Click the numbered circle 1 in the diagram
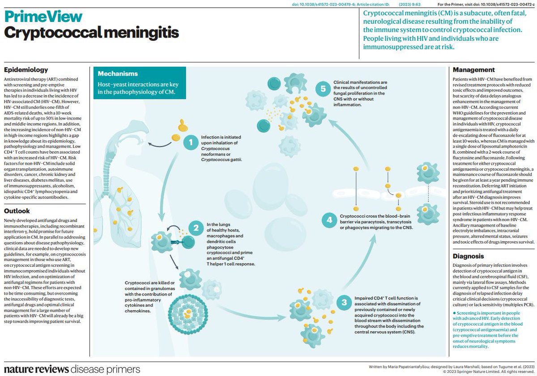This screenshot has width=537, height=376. [191, 143]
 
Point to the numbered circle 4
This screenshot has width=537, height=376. [329, 220]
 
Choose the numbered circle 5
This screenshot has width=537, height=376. [323, 89]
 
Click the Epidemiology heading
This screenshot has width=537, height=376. [26, 70]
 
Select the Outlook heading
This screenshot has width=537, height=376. [17, 211]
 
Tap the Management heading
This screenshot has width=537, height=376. [474, 70]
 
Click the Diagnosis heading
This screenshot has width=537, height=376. [468, 256]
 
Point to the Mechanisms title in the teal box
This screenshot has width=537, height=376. [118, 73]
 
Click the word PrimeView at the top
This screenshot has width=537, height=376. [43, 17]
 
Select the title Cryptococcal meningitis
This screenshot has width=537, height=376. [91, 33]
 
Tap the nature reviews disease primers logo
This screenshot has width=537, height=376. [72, 369]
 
